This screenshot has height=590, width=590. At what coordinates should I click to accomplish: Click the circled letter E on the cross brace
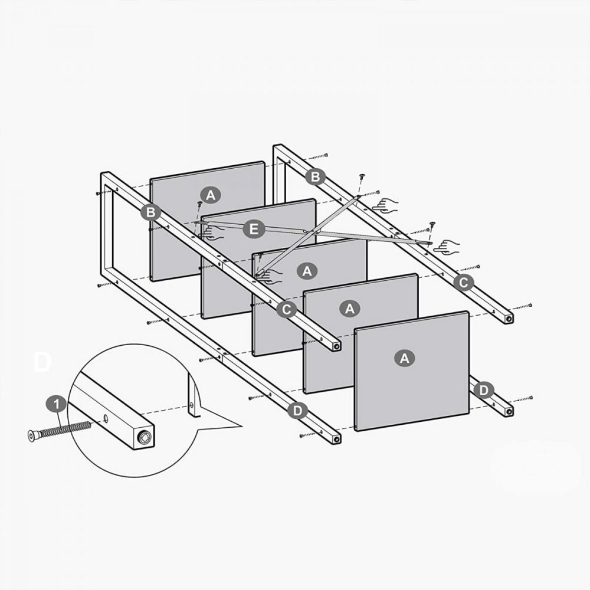click(254, 229)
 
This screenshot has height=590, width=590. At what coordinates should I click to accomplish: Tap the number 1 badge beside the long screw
click(57, 405)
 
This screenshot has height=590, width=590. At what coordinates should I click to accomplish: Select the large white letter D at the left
click(42, 362)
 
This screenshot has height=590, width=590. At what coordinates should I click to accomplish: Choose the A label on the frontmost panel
click(404, 358)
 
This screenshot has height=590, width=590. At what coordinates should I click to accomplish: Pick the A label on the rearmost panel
click(211, 195)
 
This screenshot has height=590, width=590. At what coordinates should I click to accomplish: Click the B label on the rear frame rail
click(315, 176)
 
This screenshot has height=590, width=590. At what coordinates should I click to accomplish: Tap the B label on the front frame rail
click(150, 212)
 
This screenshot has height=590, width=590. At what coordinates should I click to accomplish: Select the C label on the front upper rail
click(286, 310)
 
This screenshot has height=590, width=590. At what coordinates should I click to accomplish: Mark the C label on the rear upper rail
click(463, 283)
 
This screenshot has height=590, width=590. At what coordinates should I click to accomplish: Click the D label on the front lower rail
click(297, 411)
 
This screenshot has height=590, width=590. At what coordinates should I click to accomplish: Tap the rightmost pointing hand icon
click(447, 246)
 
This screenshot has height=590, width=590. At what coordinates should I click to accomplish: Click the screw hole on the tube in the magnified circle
click(106, 418)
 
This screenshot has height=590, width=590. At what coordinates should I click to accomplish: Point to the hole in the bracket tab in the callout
click(192, 405)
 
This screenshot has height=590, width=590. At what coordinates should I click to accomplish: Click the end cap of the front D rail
click(336, 439)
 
